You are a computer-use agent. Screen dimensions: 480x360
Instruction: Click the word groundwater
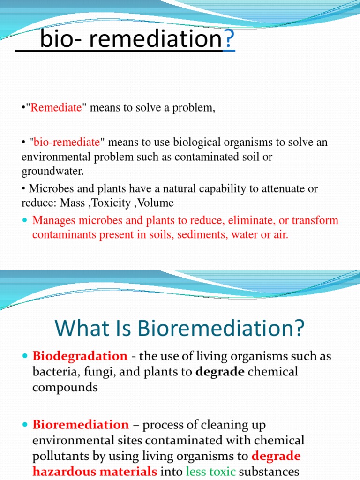(52, 171)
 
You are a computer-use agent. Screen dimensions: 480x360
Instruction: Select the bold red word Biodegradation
(80, 356)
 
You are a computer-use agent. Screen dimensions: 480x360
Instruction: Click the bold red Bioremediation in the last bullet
(81, 425)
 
